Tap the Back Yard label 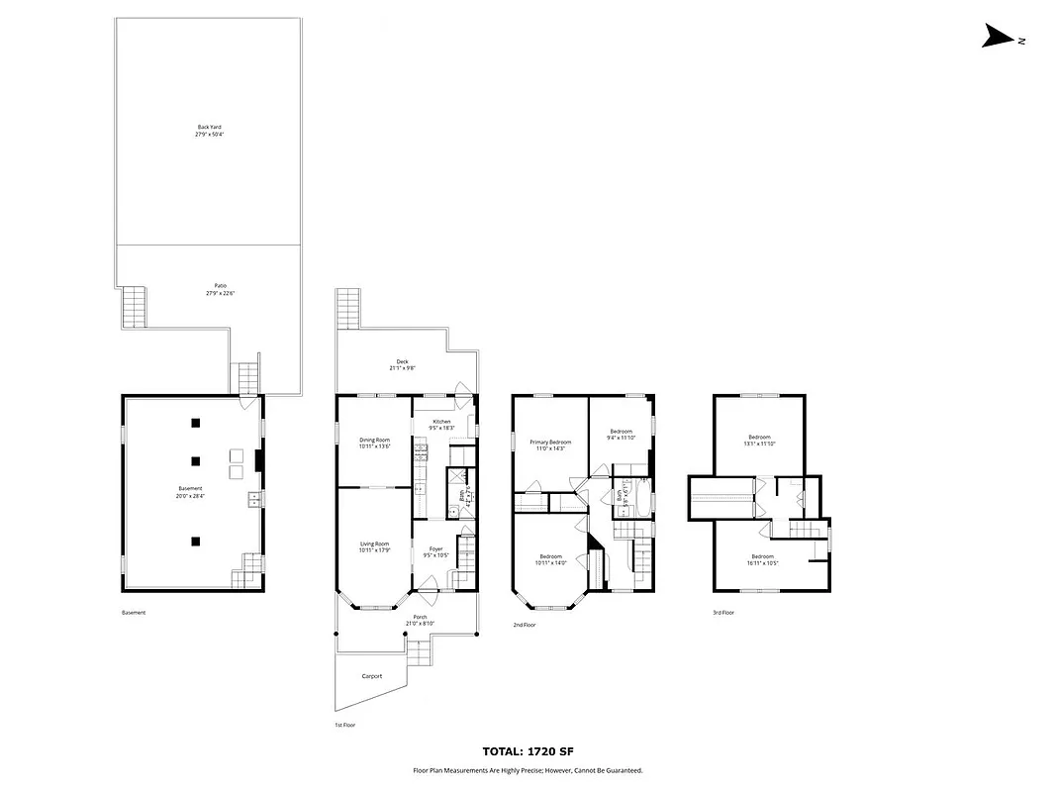pos(209,131)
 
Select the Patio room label pos(220,289)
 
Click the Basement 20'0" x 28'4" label pos(190,492)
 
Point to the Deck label pos(402,364)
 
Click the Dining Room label pos(374,443)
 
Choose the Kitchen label pos(440,425)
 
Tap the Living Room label pos(374,546)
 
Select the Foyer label pos(435,551)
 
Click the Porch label pos(421,620)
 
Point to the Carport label pos(372,677)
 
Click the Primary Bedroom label pos(550,445)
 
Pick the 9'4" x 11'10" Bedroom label pos(621,434)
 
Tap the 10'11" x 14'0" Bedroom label pos(550,559)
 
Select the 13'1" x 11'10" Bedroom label pos(759,440)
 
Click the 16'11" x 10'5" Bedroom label pos(762,559)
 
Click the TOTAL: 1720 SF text pos(528,752)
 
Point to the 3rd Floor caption pos(723,613)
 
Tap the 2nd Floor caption pos(525,625)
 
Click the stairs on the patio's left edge pos(135,307)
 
